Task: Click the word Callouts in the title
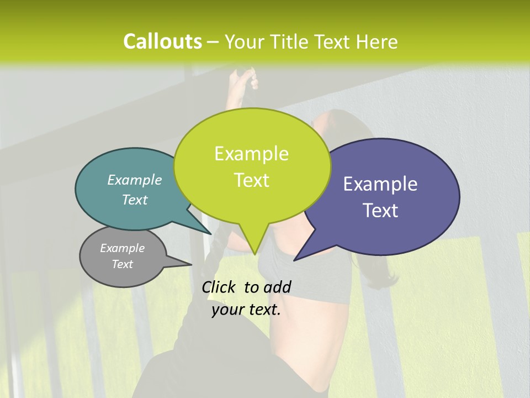click(x=162, y=41)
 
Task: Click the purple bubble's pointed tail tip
click(x=295, y=259)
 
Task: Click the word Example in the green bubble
click(x=251, y=154)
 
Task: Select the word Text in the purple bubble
click(x=381, y=211)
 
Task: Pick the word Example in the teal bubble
click(x=135, y=180)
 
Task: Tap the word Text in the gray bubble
click(x=123, y=264)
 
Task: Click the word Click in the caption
click(x=219, y=287)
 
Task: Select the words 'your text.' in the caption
click(x=246, y=310)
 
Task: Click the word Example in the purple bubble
click(x=380, y=184)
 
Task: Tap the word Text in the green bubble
click(x=251, y=180)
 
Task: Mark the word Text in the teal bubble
click(x=135, y=200)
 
